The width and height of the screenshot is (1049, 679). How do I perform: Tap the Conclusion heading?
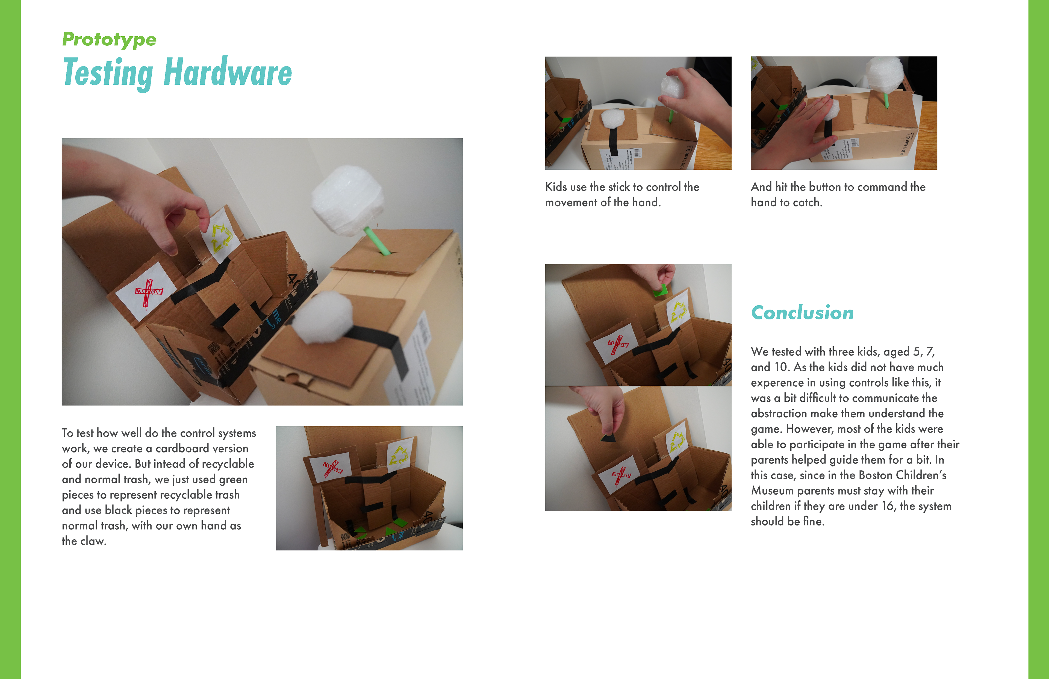click(802, 313)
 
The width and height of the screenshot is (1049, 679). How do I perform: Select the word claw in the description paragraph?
click(93, 541)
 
